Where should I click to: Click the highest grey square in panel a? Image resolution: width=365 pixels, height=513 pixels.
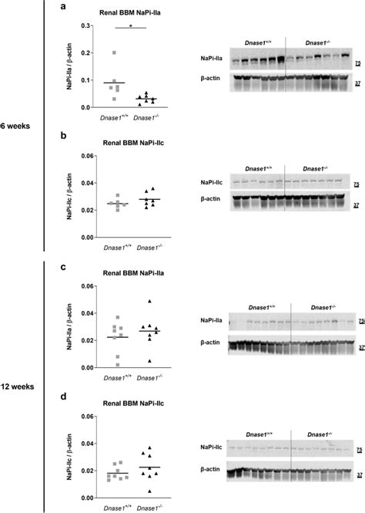(x=115, y=53)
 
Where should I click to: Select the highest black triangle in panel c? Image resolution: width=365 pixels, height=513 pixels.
(x=149, y=301)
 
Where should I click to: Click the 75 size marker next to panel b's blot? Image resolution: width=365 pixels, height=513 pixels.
(x=357, y=184)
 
